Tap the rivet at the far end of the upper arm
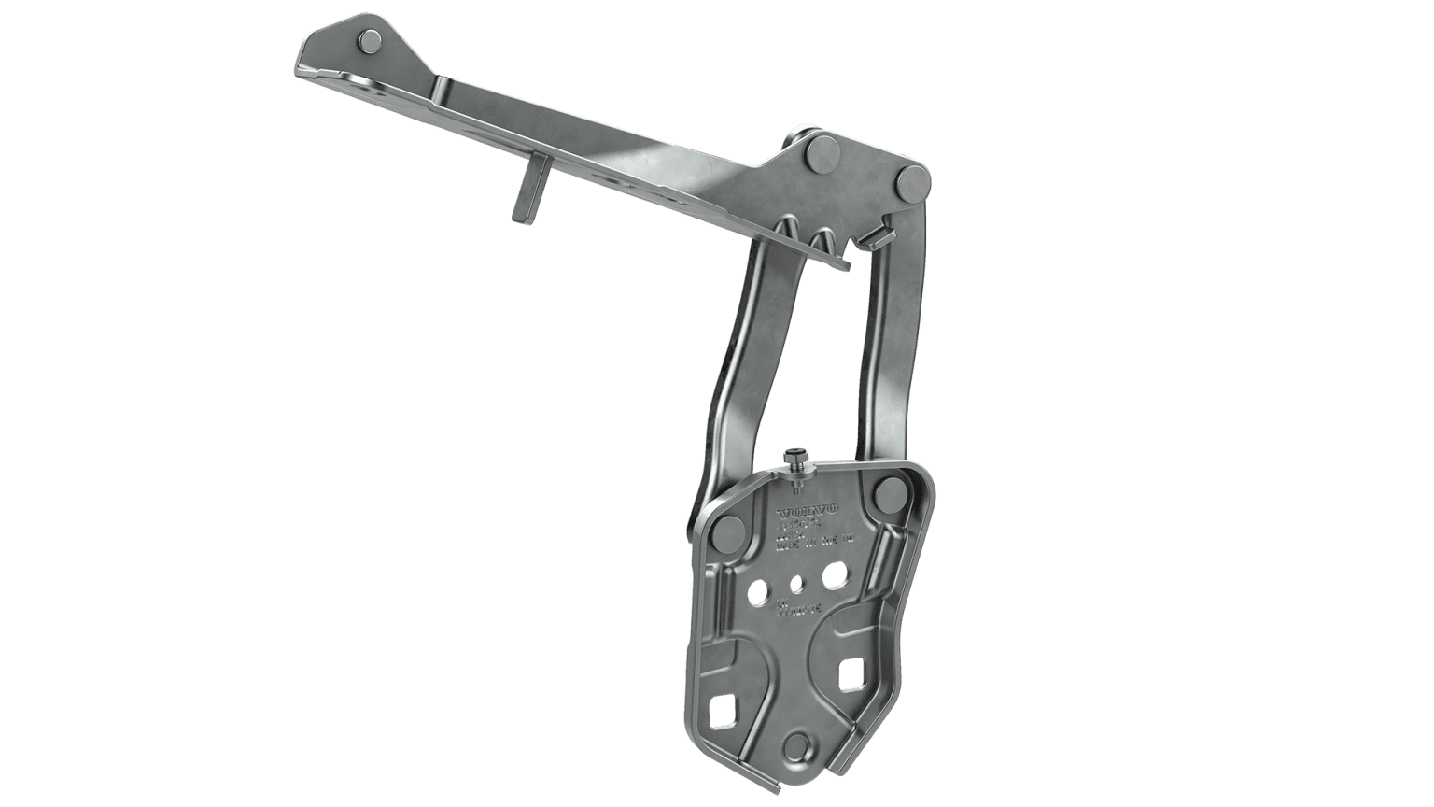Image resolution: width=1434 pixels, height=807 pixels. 369,41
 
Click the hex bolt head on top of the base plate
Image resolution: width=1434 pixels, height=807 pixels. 793,458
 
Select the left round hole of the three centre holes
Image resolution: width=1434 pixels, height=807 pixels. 760,590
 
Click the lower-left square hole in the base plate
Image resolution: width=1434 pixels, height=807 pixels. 723,713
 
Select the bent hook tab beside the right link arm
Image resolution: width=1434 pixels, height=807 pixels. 873,235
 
